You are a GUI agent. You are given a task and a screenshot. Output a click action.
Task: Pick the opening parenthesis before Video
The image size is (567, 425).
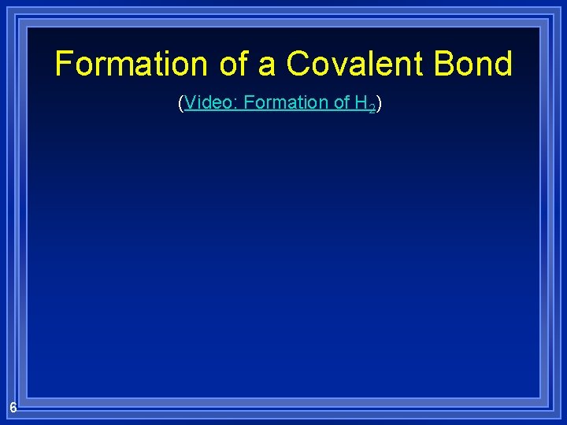click(x=181, y=103)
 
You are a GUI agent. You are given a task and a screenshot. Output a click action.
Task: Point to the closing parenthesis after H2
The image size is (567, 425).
click(x=379, y=103)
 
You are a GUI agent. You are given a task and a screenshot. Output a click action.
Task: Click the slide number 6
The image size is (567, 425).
click(x=13, y=407)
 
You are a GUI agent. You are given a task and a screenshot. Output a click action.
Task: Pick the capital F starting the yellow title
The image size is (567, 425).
click(x=64, y=64)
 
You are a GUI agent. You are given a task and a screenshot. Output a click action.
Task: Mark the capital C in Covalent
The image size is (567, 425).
click(x=298, y=64)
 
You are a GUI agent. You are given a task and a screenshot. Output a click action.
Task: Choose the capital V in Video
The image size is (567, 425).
click(x=191, y=102)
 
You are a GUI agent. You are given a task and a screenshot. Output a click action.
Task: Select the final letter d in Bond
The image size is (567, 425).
click(x=503, y=64)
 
